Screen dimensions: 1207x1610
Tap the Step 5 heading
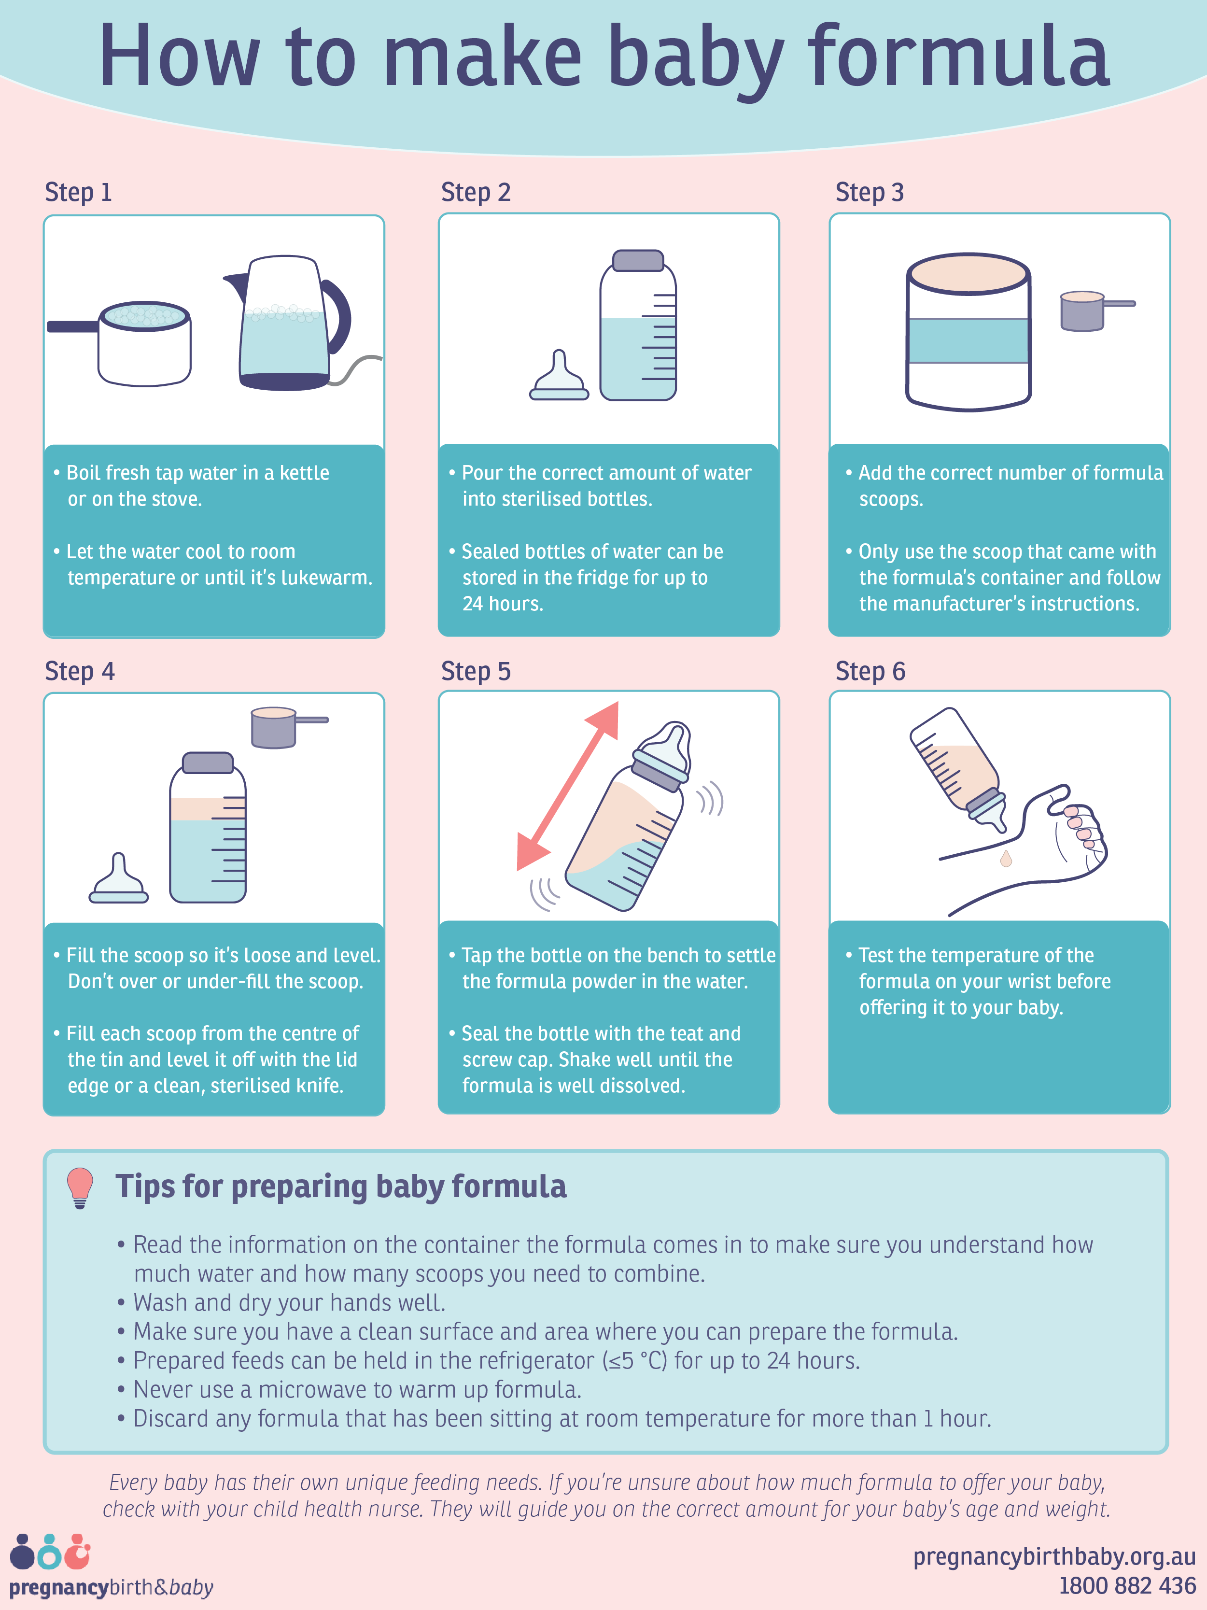[x=476, y=671]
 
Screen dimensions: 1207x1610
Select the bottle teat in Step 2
[x=559, y=376]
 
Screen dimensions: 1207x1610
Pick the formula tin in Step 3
[x=968, y=332]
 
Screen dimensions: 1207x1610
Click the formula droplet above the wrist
[x=1006, y=859]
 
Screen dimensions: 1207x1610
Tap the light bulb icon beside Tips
[x=80, y=1188]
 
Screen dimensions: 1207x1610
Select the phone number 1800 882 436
[x=1127, y=1585]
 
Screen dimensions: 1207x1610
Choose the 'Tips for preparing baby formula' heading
[x=340, y=1186]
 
